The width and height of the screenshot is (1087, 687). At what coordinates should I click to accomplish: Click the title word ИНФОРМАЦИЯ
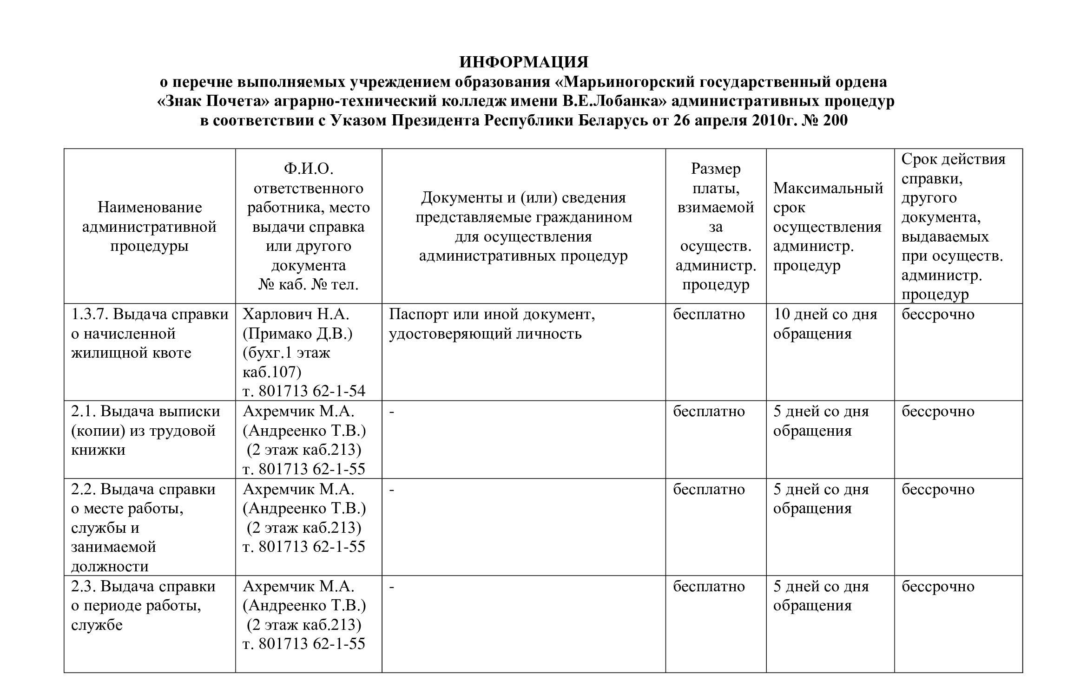(x=524, y=62)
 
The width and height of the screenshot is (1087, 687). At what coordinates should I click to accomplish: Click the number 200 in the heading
(x=835, y=121)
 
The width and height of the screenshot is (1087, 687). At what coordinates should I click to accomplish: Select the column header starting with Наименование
(x=149, y=226)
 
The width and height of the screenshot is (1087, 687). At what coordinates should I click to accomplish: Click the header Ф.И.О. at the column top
(x=308, y=169)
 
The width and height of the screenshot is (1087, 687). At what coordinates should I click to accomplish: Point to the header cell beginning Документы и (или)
(x=523, y=227)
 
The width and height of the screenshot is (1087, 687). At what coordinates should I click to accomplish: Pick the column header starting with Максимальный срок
(x=828, y=227)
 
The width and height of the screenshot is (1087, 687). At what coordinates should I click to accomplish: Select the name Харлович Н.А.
(x=296, y=314)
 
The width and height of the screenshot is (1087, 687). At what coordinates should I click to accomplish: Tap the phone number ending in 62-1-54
(x=304, y=391)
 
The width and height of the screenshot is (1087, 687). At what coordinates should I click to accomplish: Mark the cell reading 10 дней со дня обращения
(x=825, y=324)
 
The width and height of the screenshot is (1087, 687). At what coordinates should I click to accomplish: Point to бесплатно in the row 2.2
(x=709, y=490)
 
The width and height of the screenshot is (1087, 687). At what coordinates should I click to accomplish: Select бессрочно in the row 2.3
(x=938, y=587)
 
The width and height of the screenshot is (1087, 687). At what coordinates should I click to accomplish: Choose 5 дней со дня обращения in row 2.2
(x=821, y=499)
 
